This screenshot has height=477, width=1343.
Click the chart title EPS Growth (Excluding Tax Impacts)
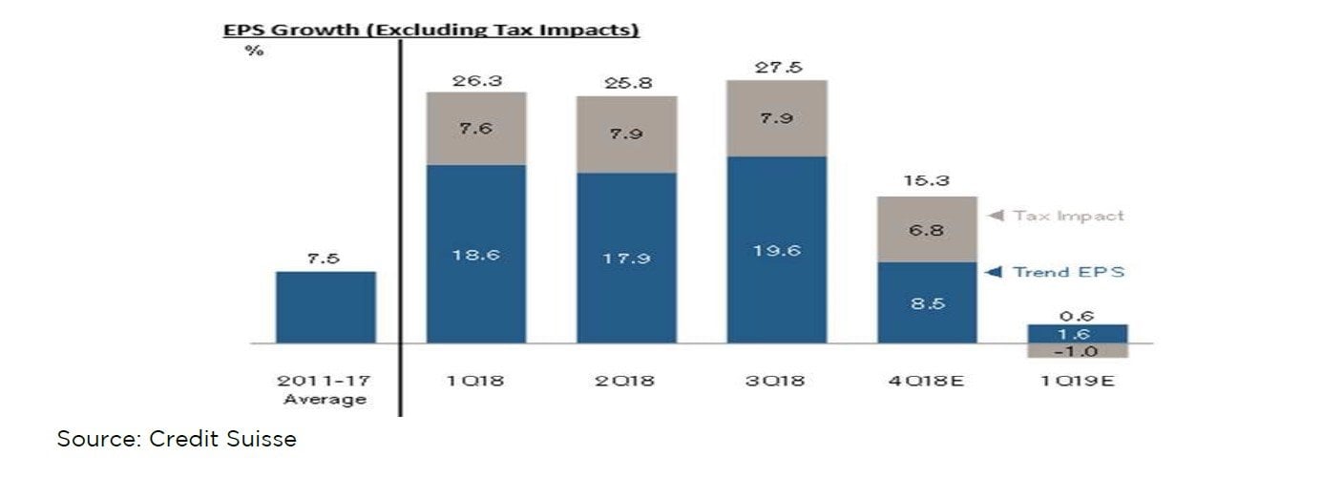point(430,30)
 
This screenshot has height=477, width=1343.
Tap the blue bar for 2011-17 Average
point(325,307)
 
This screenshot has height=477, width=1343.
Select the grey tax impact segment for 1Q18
point(475,128)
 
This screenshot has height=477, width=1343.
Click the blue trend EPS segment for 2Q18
point(626,258)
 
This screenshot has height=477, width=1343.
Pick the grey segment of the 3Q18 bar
point(776,118)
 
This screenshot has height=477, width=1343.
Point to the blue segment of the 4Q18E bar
point(927,302)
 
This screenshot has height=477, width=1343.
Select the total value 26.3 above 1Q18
point(475,80)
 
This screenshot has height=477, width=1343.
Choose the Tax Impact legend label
point(1068,216)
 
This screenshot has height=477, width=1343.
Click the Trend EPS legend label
point(1068,272)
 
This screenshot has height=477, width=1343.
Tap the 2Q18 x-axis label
point(626,381)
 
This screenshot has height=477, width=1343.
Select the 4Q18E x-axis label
point(927,381)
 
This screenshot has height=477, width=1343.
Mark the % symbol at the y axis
point(253,51)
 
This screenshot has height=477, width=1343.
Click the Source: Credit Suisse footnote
point(177,439)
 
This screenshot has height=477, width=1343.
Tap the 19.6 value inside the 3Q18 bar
point(776,251)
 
